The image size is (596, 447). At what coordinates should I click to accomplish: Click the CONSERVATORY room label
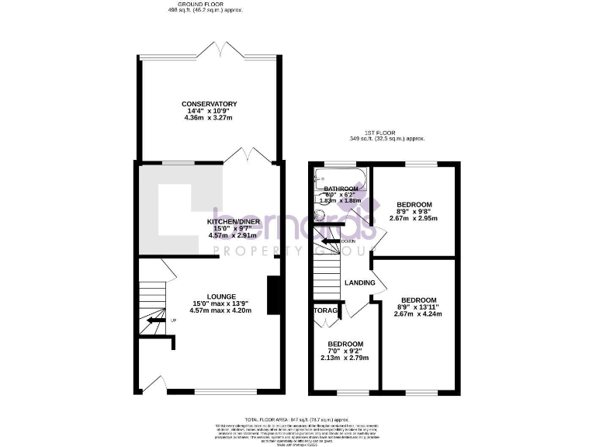[x=209, y=104]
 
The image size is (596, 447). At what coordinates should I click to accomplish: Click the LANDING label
[x=360, y=282]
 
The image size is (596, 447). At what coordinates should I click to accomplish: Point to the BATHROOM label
[x=341, y=189]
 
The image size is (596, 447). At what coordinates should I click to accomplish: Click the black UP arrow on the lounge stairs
[x=155, y=320]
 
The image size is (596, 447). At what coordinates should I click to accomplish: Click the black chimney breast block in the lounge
[x=272, y=296]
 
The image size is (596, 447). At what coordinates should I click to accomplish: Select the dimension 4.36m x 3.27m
[x=209, y=117]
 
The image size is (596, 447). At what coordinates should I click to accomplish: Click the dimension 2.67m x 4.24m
[x=418, y=314]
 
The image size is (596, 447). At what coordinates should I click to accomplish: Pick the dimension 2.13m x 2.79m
[x=345, y=358]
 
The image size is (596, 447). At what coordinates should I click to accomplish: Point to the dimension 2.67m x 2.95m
[x=414, y=218]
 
